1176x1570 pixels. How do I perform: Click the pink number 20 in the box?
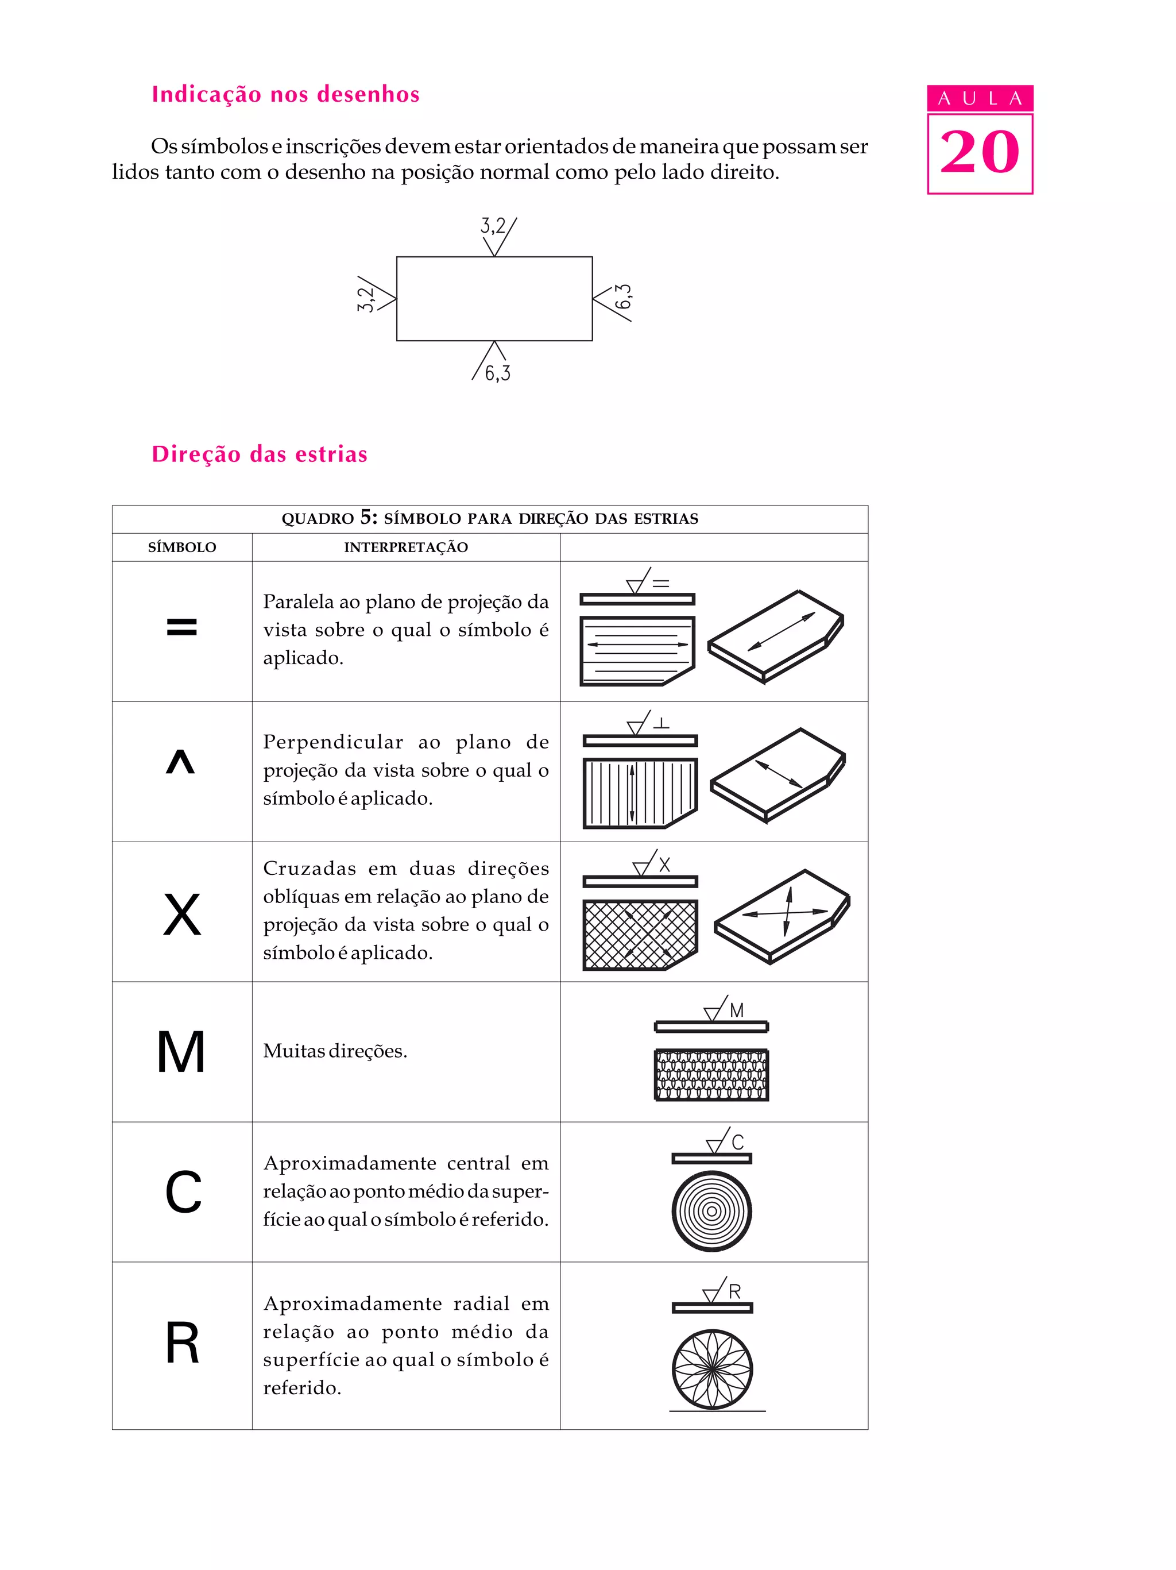tap(980, 153)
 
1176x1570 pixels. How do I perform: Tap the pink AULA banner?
tap(980, 98)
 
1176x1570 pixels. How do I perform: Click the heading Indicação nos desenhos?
tap(285, 94)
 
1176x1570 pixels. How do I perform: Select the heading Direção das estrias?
tap(260, 454)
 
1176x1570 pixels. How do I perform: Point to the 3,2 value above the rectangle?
tap(493, 226)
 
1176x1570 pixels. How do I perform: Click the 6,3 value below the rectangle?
tap(497, 373)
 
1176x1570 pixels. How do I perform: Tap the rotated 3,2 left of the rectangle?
tap(365, 299)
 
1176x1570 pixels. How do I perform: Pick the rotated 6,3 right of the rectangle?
tap(623, 296)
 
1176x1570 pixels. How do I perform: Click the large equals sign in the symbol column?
tap(181, 627)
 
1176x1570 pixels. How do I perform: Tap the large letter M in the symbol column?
tap(181, 1052)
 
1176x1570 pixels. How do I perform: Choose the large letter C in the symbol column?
tap(183, 1193)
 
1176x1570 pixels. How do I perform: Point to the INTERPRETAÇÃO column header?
tap(406, 547)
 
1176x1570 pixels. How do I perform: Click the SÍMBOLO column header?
tap(181, 547)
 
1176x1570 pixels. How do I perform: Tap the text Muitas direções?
tap(335, 1051)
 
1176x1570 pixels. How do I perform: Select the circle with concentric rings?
tap(711, 1211)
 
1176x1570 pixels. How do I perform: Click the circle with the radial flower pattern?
tap(712, 1369)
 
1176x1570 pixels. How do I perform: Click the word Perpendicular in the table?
tap(332, 742)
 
